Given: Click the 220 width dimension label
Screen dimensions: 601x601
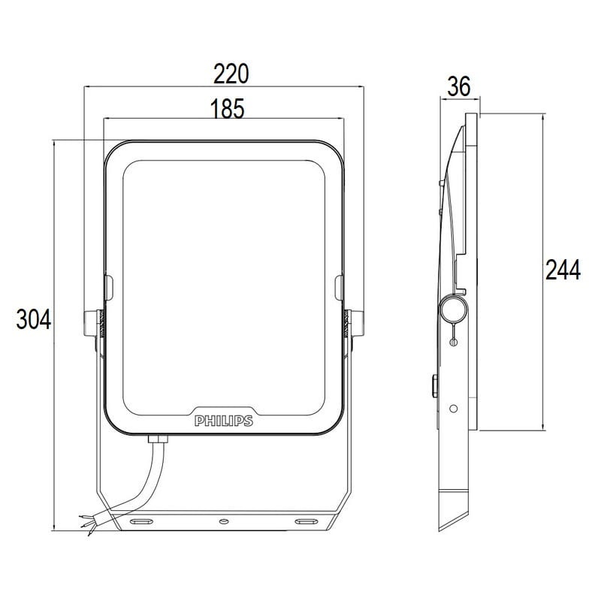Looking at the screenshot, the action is point(231,74).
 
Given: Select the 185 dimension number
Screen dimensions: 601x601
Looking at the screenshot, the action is point(228,108).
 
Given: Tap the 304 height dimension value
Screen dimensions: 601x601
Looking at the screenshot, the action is point(34,320).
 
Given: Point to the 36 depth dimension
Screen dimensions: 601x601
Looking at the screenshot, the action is point(459,86).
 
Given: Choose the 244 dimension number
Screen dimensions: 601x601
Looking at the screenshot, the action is point(563,270).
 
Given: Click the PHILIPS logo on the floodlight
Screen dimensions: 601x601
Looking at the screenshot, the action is point(224,421).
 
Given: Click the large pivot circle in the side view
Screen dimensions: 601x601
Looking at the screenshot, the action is point(453,309).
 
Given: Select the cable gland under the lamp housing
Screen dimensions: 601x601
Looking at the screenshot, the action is point(158,438).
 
